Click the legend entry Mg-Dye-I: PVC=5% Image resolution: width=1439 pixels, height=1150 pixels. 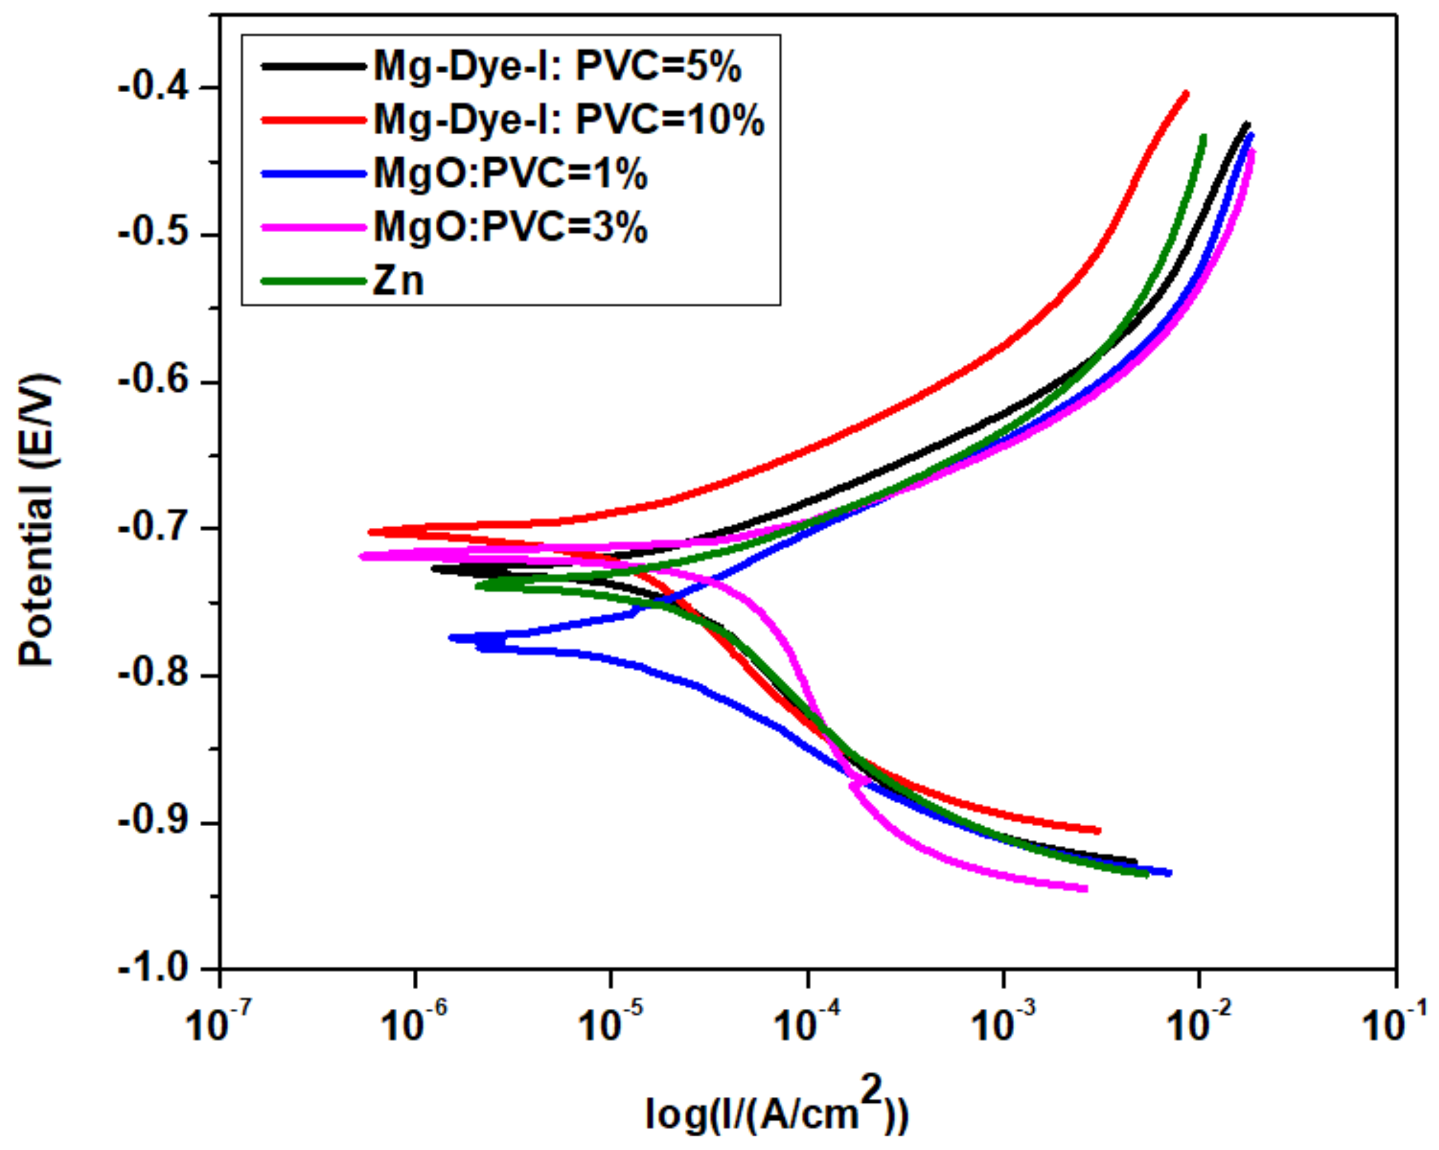click(x=557, y=67)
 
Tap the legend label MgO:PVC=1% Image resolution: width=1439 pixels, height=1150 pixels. click(x=511, y=174)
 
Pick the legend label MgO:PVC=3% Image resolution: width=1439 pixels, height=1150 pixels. click(x=511, y=228)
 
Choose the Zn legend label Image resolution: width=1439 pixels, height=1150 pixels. click(x=398, y=281)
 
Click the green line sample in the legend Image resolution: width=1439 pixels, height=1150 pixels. click(x=314, y=281)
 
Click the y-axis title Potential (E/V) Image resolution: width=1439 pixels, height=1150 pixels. click(x=37, y=520)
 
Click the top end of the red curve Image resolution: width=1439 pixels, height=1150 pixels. click(x=1186, y=93)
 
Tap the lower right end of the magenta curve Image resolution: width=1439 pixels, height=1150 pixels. click(x=1086, y=888)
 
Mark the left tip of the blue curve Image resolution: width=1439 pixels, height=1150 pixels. click(x=451, y=638)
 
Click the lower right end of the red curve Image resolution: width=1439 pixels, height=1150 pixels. click(x=1099, y=830)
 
